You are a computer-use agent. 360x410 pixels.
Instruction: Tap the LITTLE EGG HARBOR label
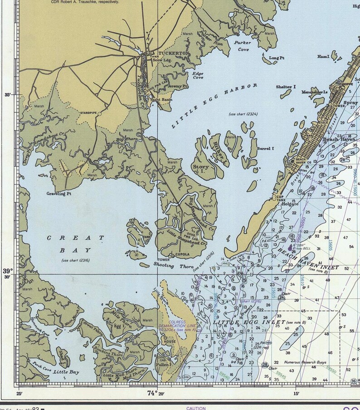click(x=215, y=104)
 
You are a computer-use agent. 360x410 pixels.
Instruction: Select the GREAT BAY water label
click(x=75, y=244)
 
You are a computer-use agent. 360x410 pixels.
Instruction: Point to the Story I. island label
click(x=201, y=169)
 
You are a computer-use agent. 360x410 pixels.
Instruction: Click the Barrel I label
click(x=265, y=148)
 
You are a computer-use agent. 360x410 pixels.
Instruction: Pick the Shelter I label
click(x=286, y=87)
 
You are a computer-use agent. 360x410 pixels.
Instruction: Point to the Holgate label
click(x=290, y=204)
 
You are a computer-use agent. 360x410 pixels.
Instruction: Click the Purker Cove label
click(x=242, y=46)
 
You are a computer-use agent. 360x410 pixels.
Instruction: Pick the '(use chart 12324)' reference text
click(x=243, y=114)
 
